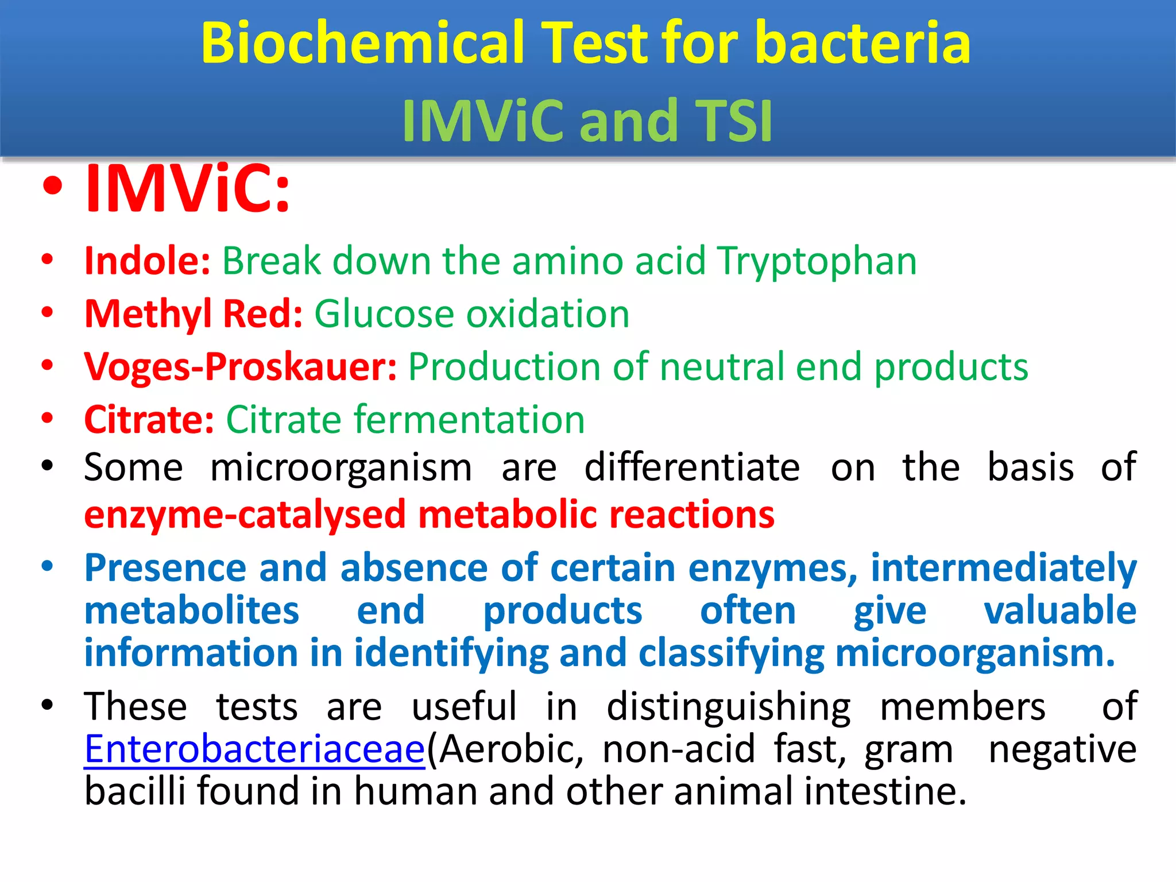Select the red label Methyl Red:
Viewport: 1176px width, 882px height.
(193, 315)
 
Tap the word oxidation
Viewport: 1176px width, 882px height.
(548, 315)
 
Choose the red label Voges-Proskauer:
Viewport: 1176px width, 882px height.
(240, 367)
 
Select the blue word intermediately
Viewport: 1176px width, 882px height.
(1003, 568)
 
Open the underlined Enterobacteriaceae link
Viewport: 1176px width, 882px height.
(254, 749)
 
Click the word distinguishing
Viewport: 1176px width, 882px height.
(728, 707)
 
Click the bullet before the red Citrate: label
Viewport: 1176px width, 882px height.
(48, 418)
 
